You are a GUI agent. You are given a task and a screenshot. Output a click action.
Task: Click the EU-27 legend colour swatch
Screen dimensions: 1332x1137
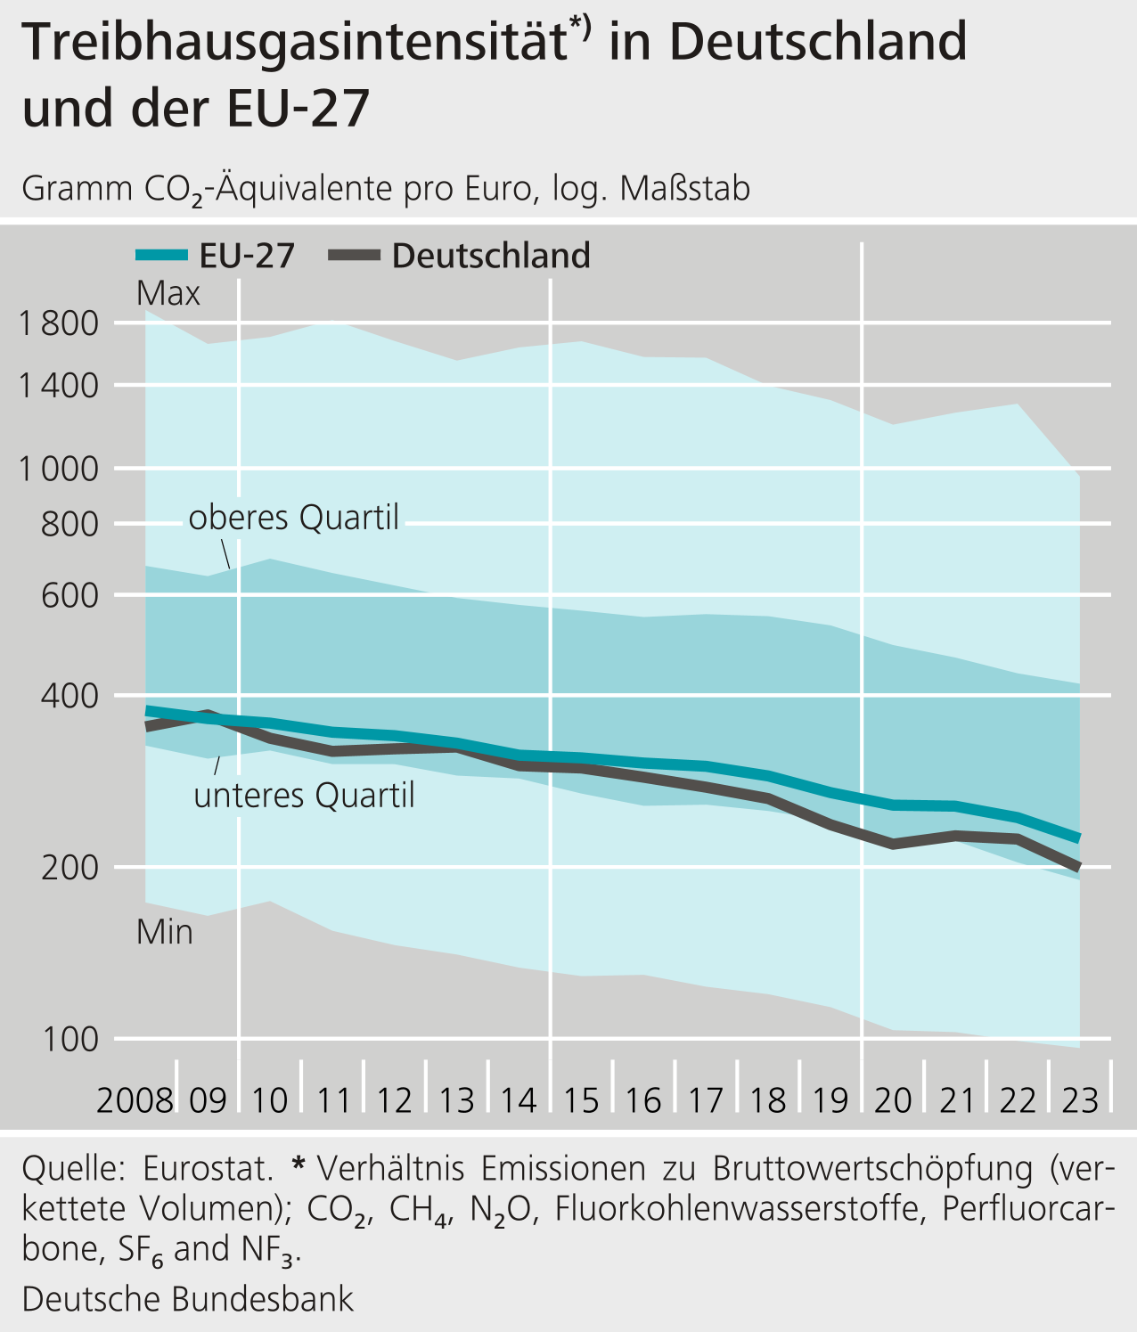[161, 256]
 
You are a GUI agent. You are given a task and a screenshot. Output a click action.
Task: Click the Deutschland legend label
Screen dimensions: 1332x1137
[491, 256]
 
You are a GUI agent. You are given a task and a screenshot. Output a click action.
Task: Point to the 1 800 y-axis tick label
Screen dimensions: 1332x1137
[59, 323]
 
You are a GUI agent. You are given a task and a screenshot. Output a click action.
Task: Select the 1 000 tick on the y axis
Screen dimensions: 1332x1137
[59, 469]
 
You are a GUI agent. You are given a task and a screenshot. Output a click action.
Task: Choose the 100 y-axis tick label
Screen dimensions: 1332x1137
[70, 1039]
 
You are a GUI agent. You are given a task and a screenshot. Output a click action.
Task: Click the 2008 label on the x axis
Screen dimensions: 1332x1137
[135, 1100]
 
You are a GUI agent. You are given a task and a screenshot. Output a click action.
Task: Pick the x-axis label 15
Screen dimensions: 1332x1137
[581, 1100]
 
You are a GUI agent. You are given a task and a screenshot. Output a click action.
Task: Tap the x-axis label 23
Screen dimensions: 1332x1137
[1080, 1100]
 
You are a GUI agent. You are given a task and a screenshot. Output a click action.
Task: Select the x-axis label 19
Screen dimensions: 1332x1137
[830, 1100]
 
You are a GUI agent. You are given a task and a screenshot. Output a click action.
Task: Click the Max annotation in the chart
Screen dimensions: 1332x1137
[168, 293]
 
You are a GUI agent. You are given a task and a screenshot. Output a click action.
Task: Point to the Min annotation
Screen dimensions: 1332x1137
[165, 932]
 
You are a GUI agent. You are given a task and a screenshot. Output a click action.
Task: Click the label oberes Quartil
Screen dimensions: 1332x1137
[294, 518]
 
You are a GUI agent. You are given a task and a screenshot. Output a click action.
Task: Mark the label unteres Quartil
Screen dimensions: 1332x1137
[304, 795]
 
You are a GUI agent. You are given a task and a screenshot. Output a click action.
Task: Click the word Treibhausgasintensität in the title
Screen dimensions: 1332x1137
[294, 42]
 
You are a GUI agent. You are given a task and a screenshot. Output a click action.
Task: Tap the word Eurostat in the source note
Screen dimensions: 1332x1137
[207, 1168]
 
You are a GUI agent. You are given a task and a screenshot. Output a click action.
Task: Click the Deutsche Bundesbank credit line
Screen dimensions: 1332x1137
[188, 1299]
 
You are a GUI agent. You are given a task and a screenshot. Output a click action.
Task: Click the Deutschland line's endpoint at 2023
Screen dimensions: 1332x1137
[1079, 867]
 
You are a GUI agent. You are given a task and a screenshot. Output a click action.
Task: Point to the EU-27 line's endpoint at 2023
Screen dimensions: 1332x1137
[1079, 838]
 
